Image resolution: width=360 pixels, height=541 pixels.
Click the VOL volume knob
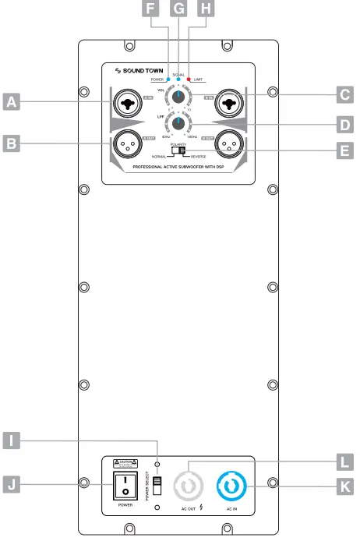pos(180,97)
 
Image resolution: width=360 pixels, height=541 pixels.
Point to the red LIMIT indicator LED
pos(189,80)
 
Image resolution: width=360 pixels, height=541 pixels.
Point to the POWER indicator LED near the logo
pos(168,80)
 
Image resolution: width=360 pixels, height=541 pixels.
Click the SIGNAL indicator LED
pos(178,80)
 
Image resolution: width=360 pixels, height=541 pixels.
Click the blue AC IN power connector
pos(231,487)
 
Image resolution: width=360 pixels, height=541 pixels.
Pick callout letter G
pos(178,9)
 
